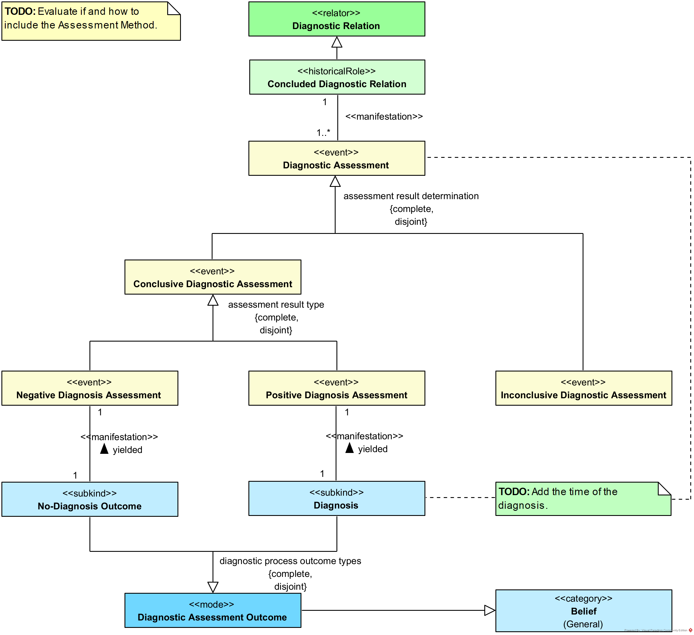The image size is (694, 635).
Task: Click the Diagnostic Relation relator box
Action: pos(337,19)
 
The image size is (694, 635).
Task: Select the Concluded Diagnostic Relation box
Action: pos(337,77)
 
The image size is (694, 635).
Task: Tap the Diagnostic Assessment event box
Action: pos(337,158)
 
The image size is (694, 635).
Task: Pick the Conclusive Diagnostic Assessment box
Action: pos(213,277)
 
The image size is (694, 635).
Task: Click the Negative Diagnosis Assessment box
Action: pos(90,388)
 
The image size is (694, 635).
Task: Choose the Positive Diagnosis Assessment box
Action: pos(337,388)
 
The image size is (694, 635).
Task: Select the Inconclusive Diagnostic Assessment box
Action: pos(583,388)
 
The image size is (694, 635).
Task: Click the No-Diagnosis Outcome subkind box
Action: pos(90,499)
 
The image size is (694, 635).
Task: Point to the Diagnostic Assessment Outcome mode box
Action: pos(213,611)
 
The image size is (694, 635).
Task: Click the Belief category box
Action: pos(583,611)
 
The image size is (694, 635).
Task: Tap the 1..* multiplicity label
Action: pos(323,132)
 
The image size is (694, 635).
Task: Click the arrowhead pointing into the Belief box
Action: pos(490,610)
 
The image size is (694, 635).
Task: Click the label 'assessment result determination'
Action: pos(411,196)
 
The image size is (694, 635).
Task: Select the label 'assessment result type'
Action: pos(276,305)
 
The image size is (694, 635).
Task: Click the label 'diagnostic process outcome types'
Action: pos(290,561)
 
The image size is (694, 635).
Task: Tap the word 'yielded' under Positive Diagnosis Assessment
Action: pos(373,449)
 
